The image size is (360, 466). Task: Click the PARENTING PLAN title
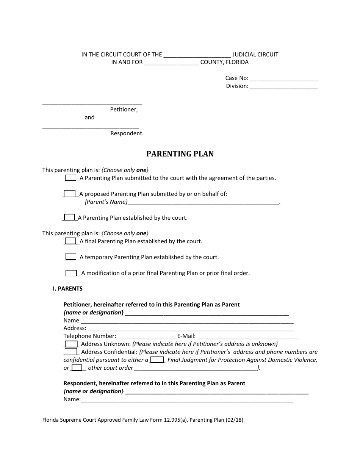(x=180, y=154)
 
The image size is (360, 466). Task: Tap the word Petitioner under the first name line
(x=124, y=109)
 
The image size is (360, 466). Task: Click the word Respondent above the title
(x=127, y=133)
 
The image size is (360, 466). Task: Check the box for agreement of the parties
(x=70, y=178)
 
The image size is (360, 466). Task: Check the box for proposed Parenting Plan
(x=70, y=194)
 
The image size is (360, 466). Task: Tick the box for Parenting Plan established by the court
(x=69, y=217)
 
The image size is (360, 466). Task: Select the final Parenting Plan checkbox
(x=70, y=241)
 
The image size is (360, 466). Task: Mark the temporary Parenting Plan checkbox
(x=70, y=257)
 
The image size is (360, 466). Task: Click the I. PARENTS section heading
(x=67, y=289)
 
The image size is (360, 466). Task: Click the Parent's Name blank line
(x=203, y=203)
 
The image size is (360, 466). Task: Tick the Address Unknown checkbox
(x=71, y=344)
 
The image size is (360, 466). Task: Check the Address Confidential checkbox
(x=71, y=352)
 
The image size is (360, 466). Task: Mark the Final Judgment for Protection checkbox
(x=157, y=360)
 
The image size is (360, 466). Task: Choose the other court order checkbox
(x=77, y=368)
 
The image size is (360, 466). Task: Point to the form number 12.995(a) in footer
(x=174, y=420)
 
